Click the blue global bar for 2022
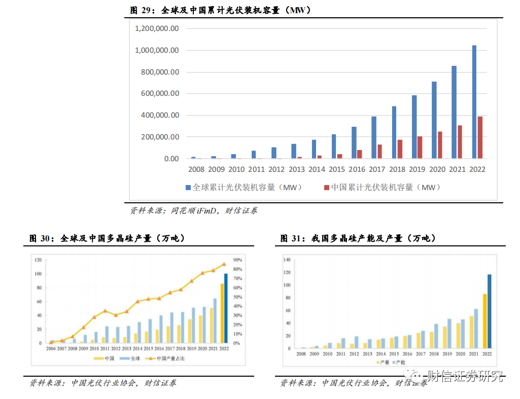tap(474, 102)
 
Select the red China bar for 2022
tap(480, 137)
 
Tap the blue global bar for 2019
tap(414, 127)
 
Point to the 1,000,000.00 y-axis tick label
tap(157, 50)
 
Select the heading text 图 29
tap(141, 10)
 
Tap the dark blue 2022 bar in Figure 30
tap(226, 308)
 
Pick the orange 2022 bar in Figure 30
tap(222, 313)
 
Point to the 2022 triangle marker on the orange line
tap(224, 264)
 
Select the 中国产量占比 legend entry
tap(160, 358)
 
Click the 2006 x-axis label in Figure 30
tap(51, 349)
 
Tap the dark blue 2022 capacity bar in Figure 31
tap(490, 312)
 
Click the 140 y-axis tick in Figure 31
tap(287, 260)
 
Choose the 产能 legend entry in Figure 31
tap(399, 362)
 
